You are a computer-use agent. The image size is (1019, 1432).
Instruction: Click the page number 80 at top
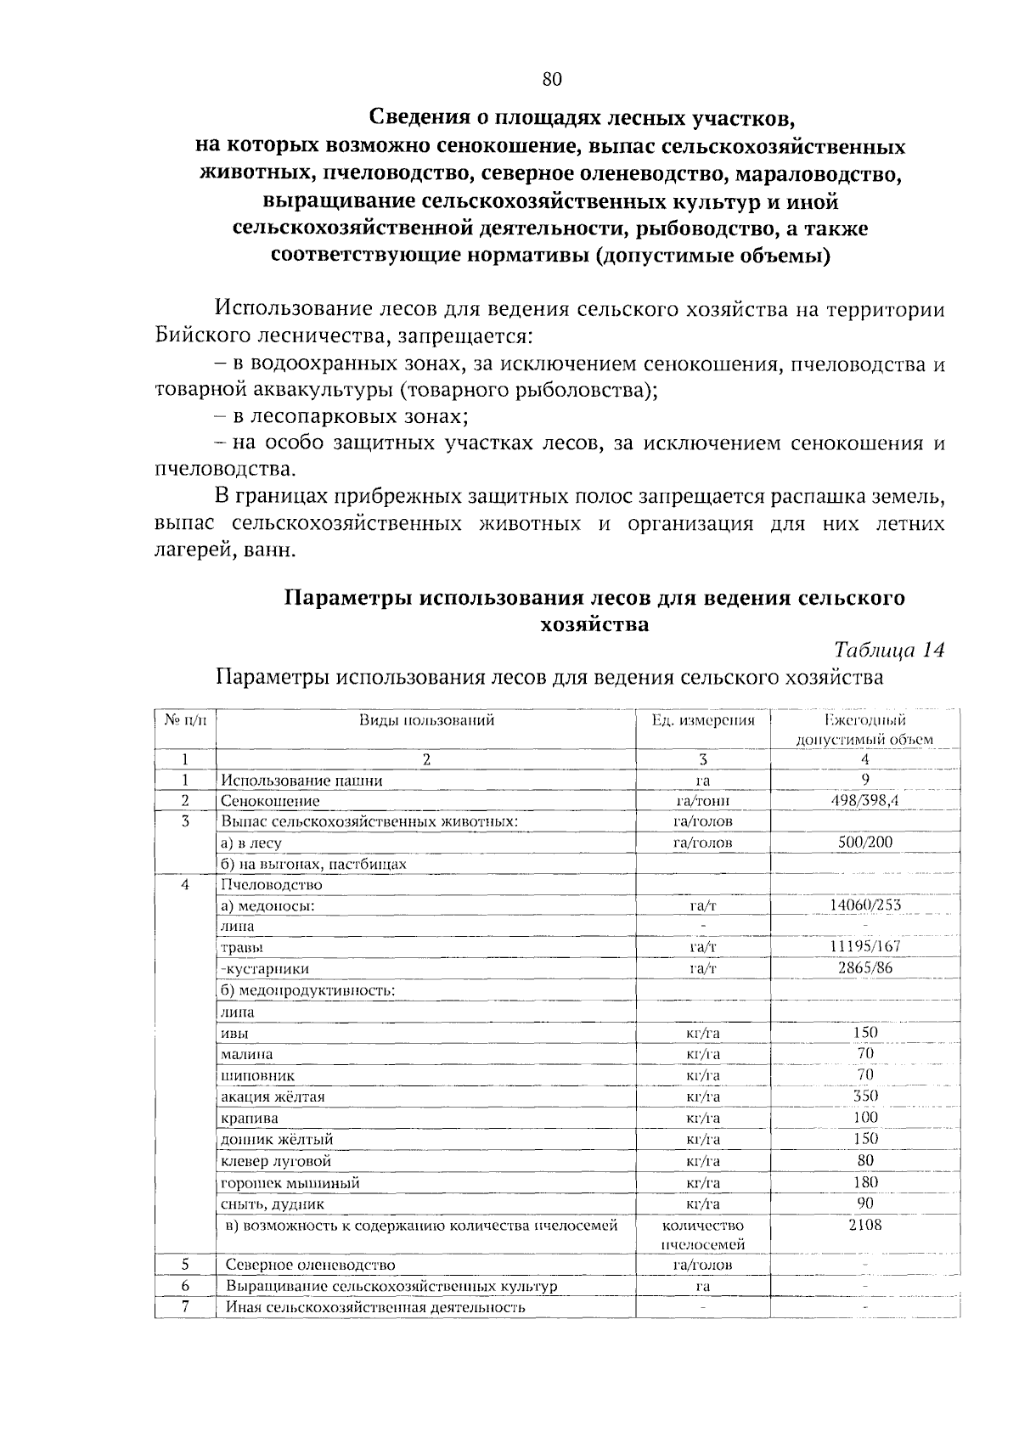[x=552, y=80]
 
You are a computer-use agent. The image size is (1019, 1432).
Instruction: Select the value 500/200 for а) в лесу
[x=864, y=842]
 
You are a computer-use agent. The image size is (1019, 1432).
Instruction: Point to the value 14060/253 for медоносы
[x=864, y=905]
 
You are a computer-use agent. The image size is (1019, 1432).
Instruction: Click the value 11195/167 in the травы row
[x=864, y=946]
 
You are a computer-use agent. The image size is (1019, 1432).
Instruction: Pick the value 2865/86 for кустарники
[x=864, y=967]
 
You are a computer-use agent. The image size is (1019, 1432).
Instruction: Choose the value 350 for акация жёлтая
[x=864, y=1096]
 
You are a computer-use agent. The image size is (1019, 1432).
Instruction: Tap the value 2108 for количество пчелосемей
[x=864, y=1225]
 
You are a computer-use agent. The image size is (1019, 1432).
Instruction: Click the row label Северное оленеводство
[x=310, y=1265]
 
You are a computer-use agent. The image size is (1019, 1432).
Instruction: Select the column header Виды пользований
[x=426, y=720]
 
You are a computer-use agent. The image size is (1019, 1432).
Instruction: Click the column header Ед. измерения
[x=702, y=720]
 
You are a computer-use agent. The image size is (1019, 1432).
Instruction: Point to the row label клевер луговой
[x=276, y=1161]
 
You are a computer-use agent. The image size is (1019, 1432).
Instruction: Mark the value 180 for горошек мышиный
[x=864, y=1181]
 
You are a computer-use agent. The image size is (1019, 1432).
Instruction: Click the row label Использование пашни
[x=301, y=780]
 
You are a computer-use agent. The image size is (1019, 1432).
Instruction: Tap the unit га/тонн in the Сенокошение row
[x=702, y=800]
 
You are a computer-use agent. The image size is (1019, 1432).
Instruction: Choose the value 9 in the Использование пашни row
[x=864, y=779]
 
